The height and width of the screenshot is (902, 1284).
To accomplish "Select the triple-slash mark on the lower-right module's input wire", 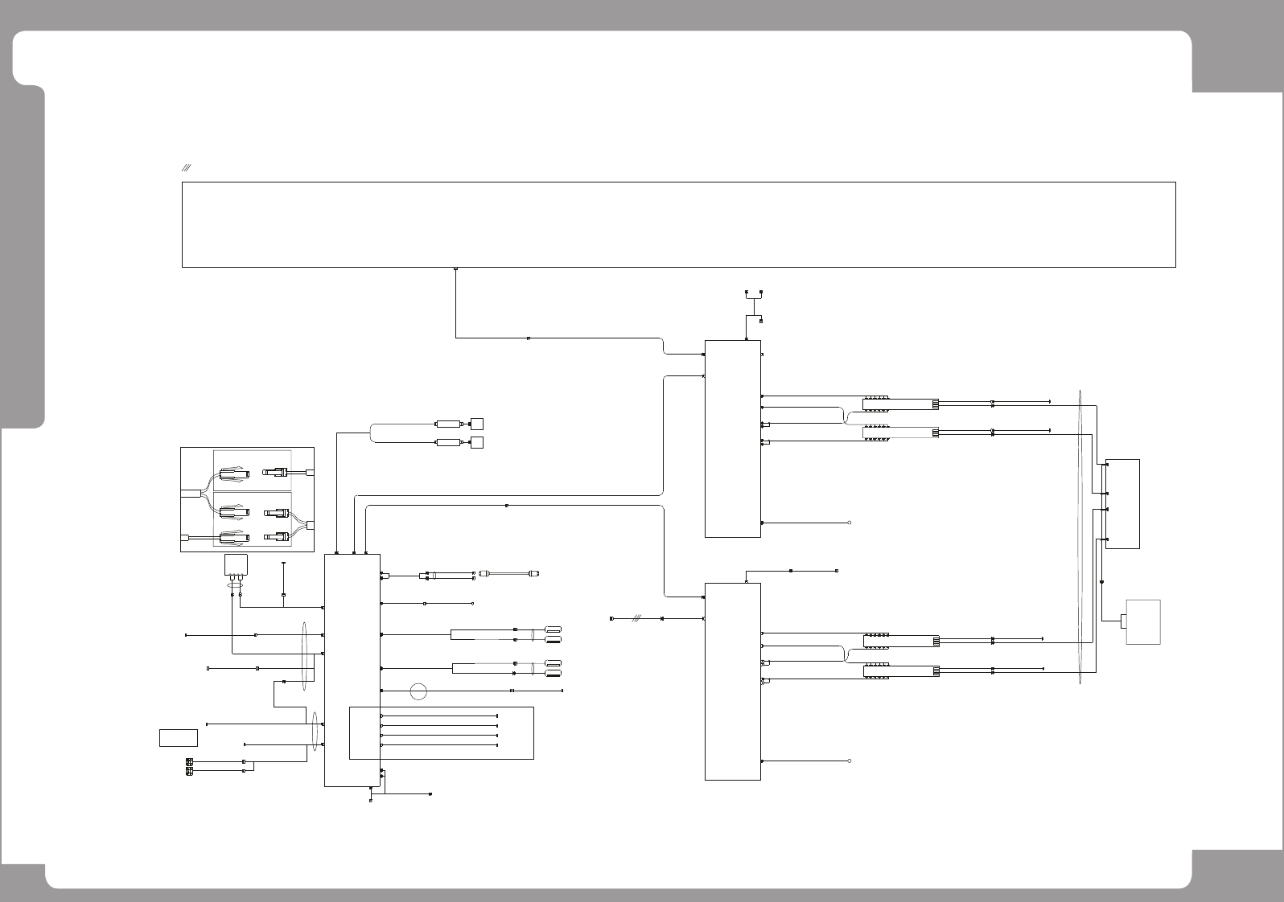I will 636,619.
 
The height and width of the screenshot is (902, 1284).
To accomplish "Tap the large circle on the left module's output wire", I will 418,691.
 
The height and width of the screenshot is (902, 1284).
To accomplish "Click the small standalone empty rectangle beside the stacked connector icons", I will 179,737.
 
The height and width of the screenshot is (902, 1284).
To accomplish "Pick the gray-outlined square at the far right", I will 1143,621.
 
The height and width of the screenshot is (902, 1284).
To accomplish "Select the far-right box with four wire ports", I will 1123,504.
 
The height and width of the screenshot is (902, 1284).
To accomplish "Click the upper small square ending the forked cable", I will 477,424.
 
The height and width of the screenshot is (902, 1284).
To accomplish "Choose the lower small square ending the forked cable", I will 477,443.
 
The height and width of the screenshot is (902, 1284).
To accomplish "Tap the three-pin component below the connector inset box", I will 235,567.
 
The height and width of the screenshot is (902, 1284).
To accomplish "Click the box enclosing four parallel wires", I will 442,732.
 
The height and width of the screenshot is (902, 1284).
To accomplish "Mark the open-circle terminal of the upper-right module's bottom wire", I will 850,523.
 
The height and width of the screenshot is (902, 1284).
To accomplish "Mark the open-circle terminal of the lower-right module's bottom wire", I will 850,761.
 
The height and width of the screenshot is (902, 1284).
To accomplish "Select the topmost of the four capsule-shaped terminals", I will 553,629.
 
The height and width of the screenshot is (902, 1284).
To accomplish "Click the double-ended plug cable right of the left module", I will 509,573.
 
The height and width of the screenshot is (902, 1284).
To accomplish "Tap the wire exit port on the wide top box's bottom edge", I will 456,269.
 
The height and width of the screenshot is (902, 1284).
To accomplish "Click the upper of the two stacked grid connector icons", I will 189,761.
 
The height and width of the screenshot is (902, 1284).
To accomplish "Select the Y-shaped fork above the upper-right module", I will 754,299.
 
